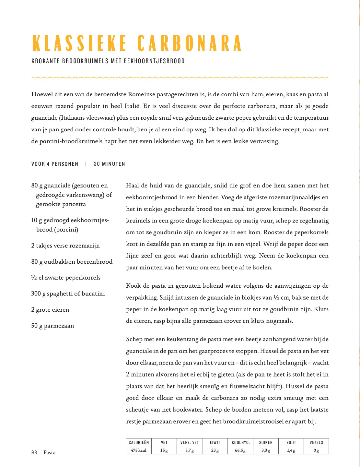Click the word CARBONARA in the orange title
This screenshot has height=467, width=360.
tap(190, 43)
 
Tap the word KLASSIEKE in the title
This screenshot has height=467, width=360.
tap(80, 43)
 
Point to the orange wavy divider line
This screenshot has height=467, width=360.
tap(180, 78)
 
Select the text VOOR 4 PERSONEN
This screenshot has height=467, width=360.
tap(55, 164)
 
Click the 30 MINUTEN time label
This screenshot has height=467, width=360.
tap(110, 164)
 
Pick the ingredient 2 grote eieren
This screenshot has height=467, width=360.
tap(50, 310)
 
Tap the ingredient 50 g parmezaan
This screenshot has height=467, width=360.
tap(52, 326)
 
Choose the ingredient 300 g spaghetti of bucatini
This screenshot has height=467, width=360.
tap(68, 293)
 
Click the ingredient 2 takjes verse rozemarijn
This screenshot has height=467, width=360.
tap(65, 245)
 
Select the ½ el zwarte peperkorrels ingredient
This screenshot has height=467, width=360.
tap(66, 278)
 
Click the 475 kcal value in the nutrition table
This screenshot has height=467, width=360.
tap(139, 450)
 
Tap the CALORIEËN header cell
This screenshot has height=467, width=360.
tap(139, 442)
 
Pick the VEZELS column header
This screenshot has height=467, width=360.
tap(316, 442)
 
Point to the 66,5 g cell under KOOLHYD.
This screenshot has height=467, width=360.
tap(240, 450)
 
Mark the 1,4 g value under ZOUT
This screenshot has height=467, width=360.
tap(291, 450)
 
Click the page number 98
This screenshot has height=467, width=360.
tap(34, 452)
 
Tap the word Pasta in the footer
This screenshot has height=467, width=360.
tap(50, 452)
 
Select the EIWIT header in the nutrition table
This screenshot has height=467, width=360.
tap(215, 442)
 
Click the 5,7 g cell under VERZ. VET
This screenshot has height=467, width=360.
tap(190, 450)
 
